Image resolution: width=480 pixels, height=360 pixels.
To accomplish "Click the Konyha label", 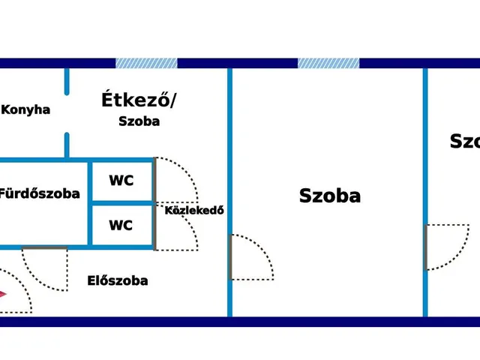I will coord(25,109).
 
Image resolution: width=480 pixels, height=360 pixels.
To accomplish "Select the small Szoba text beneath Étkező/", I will coord(139,121).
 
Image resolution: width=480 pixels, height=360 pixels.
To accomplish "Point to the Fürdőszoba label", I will coord(39,193).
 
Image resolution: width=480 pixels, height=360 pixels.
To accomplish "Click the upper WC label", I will coord(121,181).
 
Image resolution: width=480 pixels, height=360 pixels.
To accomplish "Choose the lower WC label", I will coord(121,225).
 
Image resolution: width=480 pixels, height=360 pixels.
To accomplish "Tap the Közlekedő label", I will coord(194,211).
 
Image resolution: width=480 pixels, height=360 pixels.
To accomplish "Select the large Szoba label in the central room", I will coord(330,196).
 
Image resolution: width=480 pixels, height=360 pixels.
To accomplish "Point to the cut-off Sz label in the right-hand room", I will coord(463,141).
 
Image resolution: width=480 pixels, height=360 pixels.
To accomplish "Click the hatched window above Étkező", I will coord(146,63).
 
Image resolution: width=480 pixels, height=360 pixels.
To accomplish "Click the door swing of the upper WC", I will coord(176,180).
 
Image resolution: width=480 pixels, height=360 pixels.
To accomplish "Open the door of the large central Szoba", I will coord(250,257).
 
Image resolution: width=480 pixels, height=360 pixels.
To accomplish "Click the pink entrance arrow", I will coord(3,294).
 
